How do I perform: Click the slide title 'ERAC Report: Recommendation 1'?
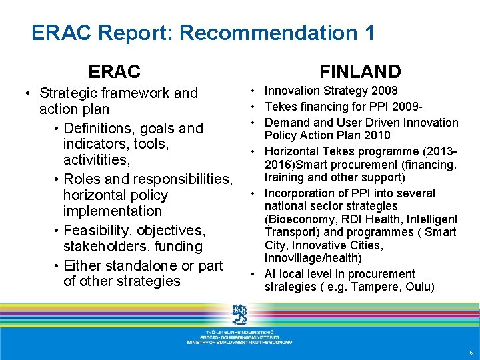tap(203, 33)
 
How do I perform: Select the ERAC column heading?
tap(115, 71)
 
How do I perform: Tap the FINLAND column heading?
tap(360, 71)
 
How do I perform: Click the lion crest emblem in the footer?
tap(239, 312)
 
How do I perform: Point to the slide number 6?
tap(471, 352)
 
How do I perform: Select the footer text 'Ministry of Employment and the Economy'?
tap(239, 341)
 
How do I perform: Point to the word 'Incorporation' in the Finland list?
tap(299, 193)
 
